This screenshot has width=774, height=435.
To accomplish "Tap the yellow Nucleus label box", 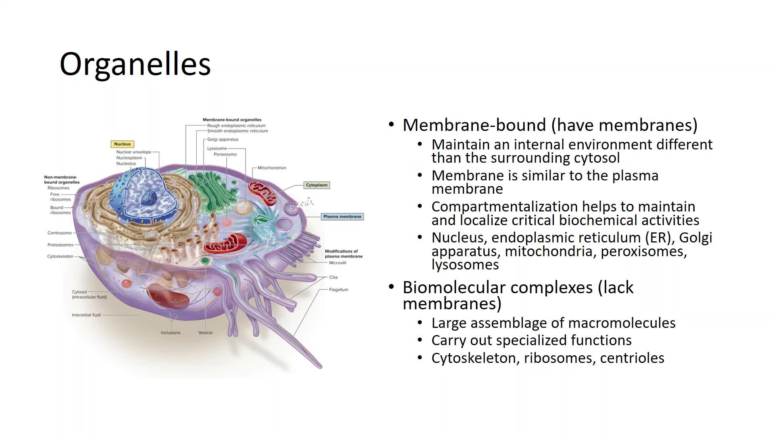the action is pyautogui.click(x=123, y=144).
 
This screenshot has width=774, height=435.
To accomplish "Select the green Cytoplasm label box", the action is pyautogui.click(x=317, y=185).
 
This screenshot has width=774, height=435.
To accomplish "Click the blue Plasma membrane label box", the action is pyautogui.click(x=342, y=217).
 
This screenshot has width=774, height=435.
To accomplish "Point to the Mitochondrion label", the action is pyautogui.click(x=272, y=168).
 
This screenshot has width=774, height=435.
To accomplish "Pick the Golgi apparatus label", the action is pyautogui.click(x=223, y=140).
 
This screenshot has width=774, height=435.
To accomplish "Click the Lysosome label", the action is pyautogui.click(x=217, y=149).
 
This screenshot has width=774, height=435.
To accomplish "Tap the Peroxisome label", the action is pyautogui.click(x=225, y=154).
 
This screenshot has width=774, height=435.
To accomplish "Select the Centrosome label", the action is pyautogui.click(x=60, y=233).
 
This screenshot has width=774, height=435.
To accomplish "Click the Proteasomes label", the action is pyautogui.click(x=60, y=245).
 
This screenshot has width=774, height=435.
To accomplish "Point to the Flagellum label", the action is pyautogui.click(x=339, y=290).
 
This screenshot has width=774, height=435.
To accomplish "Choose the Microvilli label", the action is pyautogui.click(x=338, y=263).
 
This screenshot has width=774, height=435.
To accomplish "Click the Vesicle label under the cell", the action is pyautogui.click(x=206, y=333).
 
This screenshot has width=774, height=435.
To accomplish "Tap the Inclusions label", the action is pyautogui.click(x=171, y=333).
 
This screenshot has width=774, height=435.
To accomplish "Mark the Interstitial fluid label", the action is pyautogui.click(x=86, y=315).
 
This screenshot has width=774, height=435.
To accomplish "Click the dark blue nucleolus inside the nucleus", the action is pyautogui.click(x=149, y=197).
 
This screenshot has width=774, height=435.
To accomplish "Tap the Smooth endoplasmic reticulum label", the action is pyautogui.click(x=237, y=131).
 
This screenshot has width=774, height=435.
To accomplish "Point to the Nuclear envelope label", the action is pyautogui.click(x=134, y=152).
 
